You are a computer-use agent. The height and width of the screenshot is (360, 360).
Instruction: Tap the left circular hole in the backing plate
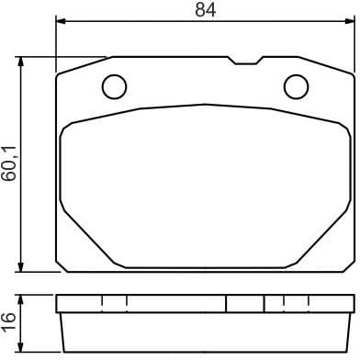(114, 86)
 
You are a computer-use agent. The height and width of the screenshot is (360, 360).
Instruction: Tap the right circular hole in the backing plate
(296, 86)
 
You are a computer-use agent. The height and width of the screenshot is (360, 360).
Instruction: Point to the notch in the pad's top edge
(243, 62)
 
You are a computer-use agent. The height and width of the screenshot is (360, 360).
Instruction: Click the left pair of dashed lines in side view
(114, 304)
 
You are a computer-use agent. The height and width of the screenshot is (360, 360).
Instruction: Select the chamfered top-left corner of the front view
(83, 64)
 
